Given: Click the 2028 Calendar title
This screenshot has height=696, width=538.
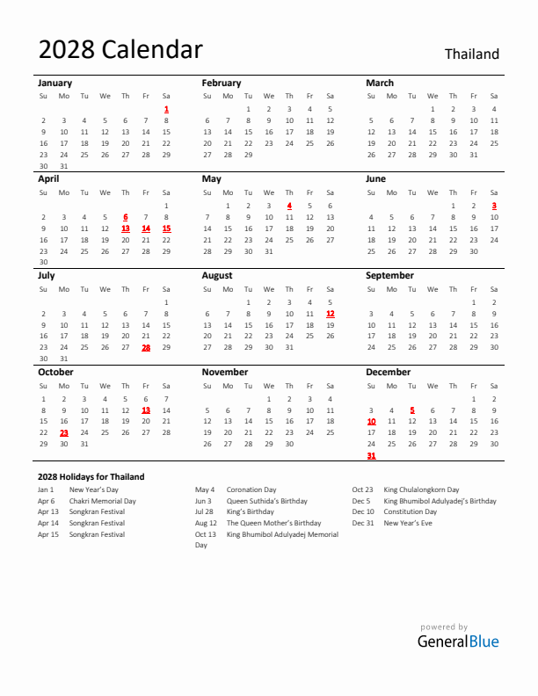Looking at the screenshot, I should pyautogui.click(x=120, y=50).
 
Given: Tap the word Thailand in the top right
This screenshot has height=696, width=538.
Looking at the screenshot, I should pyautogui.click(x=471, y=54).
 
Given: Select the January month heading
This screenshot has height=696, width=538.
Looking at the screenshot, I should pyautogui.click(x=55, y=83).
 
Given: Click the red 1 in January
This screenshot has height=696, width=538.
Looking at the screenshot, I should pyautogui.click(x=166, y=109).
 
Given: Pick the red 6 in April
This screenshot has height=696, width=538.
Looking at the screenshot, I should pyautogui.click(x=125, y=217).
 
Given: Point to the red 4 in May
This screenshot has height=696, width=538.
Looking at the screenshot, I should pyautogui.click(x=289, y=206).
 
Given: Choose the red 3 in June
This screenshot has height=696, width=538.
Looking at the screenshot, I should pyautogui.click(x=494, y=206).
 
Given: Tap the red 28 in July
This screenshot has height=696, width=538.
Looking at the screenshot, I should pyautogui.click(x=146, y=347).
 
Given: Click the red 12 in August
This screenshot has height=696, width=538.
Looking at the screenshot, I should pyautogui.click(x=330, y=314).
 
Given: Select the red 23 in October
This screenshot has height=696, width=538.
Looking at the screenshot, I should pyautogui.click(x=64, y=432).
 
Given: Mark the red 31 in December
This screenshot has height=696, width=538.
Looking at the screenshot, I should pyautogui.click(x=371, y=455).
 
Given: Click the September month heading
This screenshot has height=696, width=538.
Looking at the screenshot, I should pyautogui.click(x=389, y=275).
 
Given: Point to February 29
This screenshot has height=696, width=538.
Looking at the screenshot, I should pyautogui.click(x=248, y=155).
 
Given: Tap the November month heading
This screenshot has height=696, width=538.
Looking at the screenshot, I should pyautogui.click(x=225, y=372).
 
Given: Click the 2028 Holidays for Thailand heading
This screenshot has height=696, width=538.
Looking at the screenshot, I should pyautogui.click(x=91, y=477).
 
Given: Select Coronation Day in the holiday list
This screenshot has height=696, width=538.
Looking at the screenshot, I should pyautogui.click(x=251, y=489).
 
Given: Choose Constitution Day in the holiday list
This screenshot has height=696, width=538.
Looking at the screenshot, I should pyautogui.click(x=411, y=511).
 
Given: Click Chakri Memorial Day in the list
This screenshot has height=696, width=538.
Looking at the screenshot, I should pyautogui.click(x=103, y=501).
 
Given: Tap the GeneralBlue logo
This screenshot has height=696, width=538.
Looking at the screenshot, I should pyautogui.click(x=457, y=641).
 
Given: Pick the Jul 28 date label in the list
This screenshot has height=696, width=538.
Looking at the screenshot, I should pyautogui.click(x=204, y=511).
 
